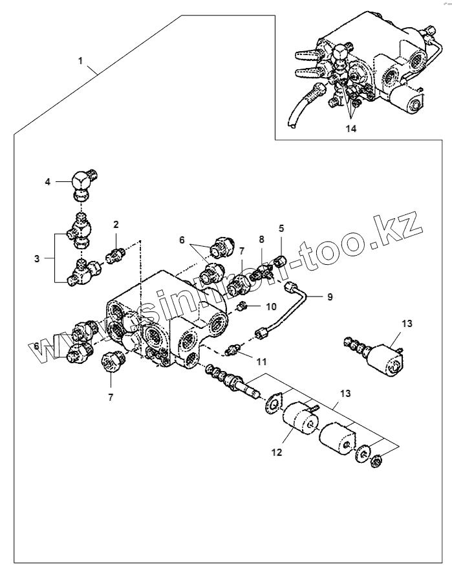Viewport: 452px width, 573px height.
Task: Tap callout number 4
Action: pos(47,182)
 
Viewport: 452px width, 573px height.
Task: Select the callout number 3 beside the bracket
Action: pos(38,258)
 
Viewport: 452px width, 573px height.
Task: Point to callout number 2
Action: pos(116,225)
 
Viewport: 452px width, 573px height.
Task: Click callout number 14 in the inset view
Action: pos(350,128)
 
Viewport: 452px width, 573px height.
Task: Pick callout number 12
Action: pos(277,452)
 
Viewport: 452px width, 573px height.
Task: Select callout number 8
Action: pos(261,240)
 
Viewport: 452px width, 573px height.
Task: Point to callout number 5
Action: pos(281,228)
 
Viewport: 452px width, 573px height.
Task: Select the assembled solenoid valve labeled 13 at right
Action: pos(382,353)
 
